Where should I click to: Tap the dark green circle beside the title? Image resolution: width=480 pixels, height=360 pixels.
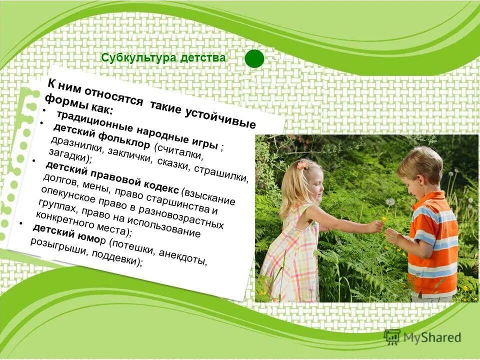coord(254,58)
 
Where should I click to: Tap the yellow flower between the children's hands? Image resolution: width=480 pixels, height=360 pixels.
coord(384,218)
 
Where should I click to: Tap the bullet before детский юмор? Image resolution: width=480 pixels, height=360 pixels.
coord(21,223)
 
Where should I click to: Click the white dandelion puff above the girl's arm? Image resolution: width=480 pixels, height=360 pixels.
coord(390,201)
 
